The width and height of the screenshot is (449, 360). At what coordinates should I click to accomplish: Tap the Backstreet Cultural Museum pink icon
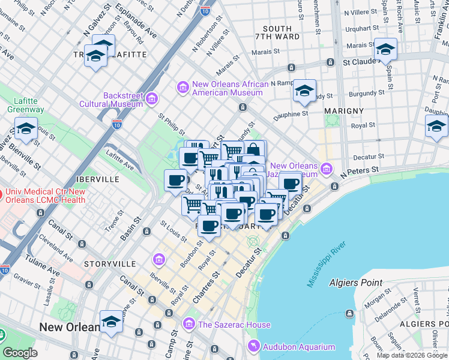click(152, 98)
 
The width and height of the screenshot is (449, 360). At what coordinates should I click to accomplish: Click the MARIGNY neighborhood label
click(344, 111)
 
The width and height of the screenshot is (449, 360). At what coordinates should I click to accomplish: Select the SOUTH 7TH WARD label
click(277, 34)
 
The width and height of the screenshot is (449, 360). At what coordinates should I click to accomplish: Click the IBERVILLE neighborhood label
click(97, 179)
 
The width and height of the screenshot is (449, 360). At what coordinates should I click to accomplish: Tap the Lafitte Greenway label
click(25, 105)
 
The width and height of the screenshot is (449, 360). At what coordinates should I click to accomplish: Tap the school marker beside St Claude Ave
click(385, 49)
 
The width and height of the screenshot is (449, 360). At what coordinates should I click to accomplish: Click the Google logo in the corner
click(20, 353)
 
